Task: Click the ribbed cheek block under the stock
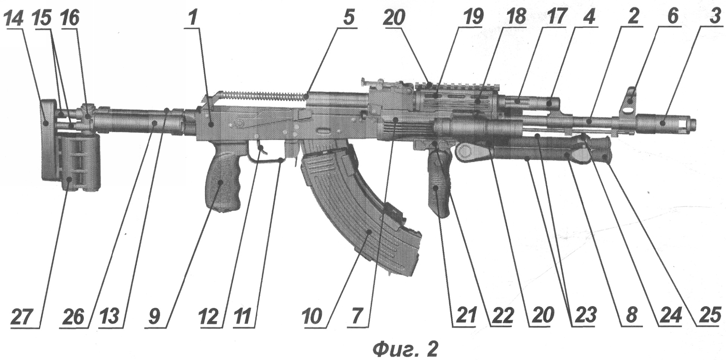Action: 79,162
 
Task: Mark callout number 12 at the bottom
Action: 208,317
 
